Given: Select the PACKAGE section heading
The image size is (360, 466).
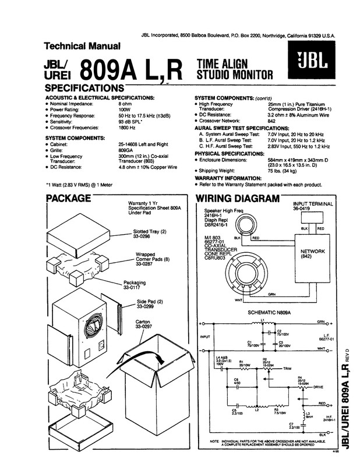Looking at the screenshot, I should point(68,199).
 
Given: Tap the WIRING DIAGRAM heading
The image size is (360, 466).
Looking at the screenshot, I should point(237,199).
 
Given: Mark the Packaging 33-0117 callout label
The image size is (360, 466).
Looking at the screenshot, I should point(135,285).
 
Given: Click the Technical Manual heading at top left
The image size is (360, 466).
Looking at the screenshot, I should point(83,46).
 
